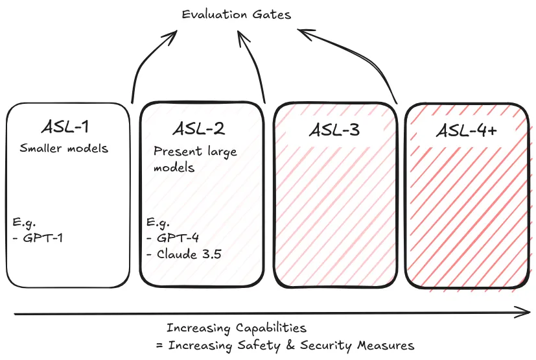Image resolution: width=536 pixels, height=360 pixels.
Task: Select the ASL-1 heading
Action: click(x=67, y=127)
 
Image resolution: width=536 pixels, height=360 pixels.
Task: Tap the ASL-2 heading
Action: click(x=199, y=129)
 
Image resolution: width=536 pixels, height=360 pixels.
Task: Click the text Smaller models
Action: click(x=64, y=149)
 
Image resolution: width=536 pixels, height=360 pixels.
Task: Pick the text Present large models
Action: click(x=195, y=160)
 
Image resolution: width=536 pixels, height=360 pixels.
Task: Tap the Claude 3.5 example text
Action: click(x=189, y=254)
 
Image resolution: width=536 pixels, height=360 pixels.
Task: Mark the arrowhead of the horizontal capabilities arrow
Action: click(x=525, y=314)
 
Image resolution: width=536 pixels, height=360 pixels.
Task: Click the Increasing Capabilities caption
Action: click(x=236, y=328)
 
